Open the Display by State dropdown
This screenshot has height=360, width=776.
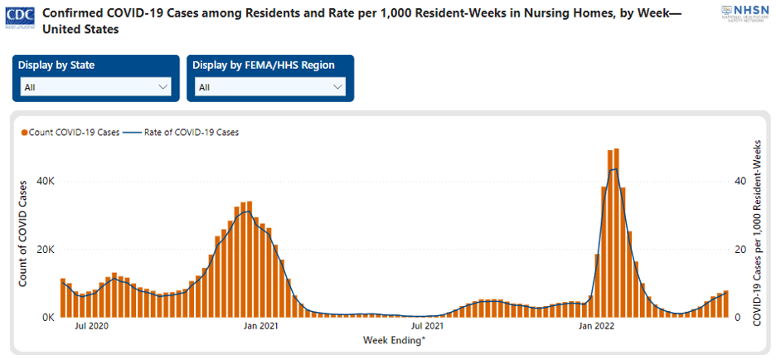tap(96, 86)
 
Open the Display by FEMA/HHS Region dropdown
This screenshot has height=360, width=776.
tap(270, 86)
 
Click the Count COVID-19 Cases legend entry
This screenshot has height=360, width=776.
tap(70, 132)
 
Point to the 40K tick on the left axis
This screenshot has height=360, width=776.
tap(46, 182)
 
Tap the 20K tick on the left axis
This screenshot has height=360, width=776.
tap(46, 250)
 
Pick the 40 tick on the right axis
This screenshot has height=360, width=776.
tap(740, 182)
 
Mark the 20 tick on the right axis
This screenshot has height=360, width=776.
tap(740, 250)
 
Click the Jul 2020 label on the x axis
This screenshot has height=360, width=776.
tap(92, 327)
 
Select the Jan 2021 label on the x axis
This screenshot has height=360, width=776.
tap(261, 327)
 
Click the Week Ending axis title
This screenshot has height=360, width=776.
tap(395, 339)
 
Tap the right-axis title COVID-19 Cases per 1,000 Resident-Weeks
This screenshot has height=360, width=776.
tap(756, 232)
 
